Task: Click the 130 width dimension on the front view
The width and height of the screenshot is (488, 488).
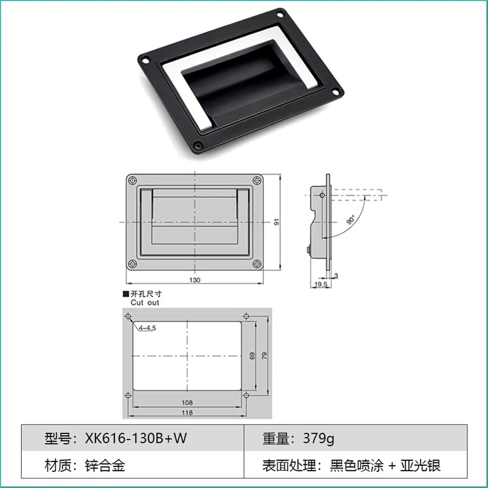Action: [195, 280]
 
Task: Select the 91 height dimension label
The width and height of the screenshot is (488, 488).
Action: [277, 222]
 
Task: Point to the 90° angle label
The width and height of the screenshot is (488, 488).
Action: [351, 220]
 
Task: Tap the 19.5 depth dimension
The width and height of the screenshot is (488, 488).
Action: [321, 285]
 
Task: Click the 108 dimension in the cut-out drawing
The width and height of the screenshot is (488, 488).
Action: [187, 403]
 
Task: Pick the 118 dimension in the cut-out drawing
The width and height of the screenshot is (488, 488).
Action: [187, 413]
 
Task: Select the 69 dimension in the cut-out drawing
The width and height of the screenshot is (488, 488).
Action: [252, 356]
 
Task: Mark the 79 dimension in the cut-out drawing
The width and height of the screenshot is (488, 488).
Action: [264, 356]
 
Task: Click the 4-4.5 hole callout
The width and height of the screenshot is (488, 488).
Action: [147, 328]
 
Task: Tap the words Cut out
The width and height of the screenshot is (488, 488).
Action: [145, 303]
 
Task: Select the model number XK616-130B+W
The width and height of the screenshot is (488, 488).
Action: [136, 438]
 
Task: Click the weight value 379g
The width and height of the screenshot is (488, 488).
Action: [319, 438]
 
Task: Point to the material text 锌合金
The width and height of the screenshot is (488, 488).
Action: [105, 466]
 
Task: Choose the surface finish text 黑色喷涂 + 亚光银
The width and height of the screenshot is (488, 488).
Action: [385, 466]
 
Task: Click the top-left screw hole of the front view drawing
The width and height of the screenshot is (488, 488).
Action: [132, 180]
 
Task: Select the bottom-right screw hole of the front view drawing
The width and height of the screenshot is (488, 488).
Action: [257, 264]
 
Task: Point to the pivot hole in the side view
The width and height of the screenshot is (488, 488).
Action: [322, 195]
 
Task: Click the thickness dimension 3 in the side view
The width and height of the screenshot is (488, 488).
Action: [336, 276]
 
